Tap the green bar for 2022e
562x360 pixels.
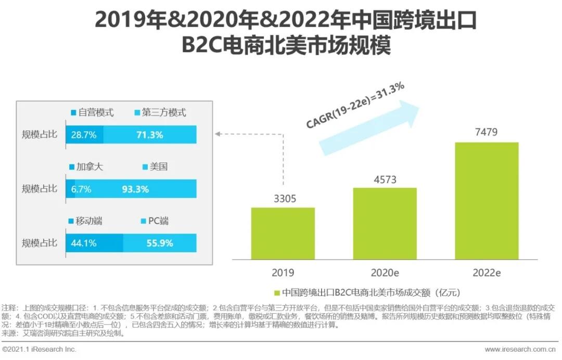(x=487, y=200)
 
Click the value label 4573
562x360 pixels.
(x=385, y=179)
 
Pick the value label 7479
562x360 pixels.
(x=486, y=132)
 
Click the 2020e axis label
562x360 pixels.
(x=385, y=273)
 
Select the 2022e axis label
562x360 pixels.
(x=487, y=273)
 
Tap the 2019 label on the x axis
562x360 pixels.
(x=283, y=273)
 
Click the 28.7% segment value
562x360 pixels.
(x=84, y=135)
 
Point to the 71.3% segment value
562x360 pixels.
(x=150, y=135)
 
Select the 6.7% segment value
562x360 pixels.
(x=81, y=189)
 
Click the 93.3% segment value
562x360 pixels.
(x=135, y=189)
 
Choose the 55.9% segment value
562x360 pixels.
(x=160, y=243)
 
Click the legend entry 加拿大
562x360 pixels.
(x=89, y=167)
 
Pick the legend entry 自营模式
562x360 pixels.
(x=95, y=112)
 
